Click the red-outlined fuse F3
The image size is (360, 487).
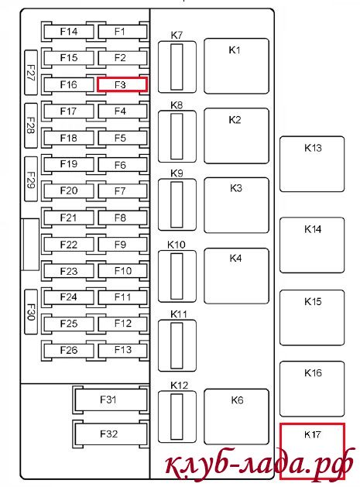point(122,84)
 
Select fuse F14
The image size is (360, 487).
point(69,32)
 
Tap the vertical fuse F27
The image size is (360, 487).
point(31,72)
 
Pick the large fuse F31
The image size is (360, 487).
point(110,400)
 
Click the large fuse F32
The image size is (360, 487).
point(110,434)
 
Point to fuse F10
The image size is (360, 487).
point(122,271)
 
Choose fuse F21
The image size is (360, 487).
point(69,218)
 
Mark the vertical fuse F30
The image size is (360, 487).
point(31,312)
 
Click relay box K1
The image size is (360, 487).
point(236,66)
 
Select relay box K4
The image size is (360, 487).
point(236,276)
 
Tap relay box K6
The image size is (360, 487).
point(236,417)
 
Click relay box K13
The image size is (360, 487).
point(312,164)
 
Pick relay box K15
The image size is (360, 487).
point(312,317)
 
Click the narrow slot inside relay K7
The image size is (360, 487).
point(177,67)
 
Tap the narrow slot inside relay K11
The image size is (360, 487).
point(177,345)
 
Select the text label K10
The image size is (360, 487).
point(176,245)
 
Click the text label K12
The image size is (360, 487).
point(179,386)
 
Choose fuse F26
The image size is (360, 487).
point(69,350)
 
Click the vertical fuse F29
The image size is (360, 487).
point(31,179)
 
